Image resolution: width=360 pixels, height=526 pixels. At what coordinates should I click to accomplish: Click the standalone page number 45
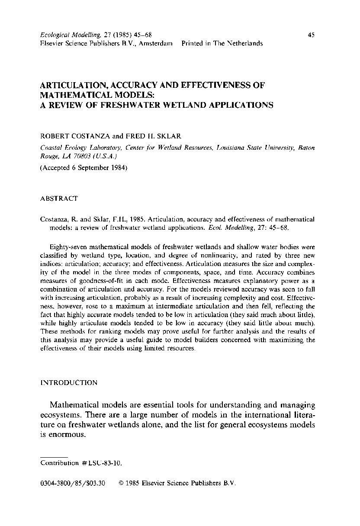point(311,35)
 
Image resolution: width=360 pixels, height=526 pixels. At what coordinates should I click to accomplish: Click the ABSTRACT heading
point(59,199)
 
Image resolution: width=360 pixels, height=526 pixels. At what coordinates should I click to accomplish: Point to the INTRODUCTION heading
point(69,383)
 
